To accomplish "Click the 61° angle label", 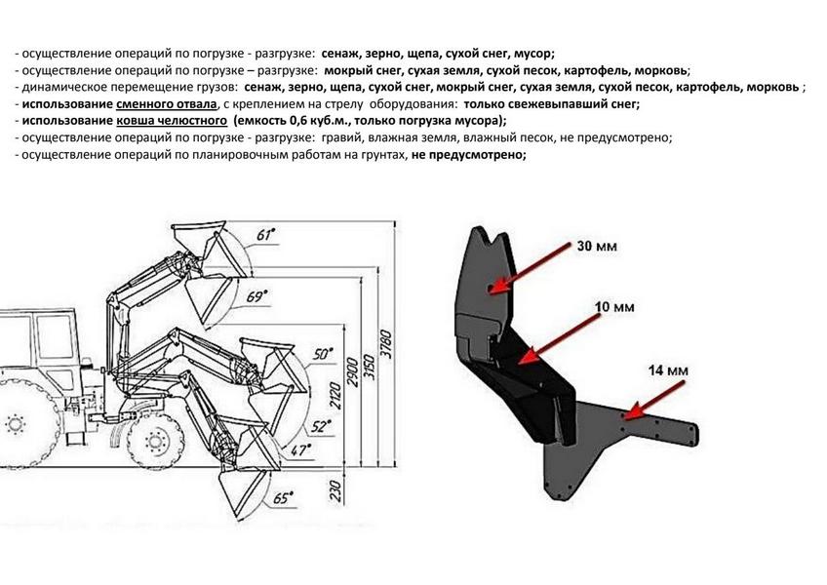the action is pos(267,234).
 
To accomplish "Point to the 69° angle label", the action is pos(257,296).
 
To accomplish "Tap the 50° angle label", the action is pos(323,354).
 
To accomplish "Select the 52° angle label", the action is pos(321,425).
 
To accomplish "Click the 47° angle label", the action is pos(301,449).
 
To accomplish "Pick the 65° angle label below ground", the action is pos(283,497).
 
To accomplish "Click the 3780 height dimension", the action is pos(386,344).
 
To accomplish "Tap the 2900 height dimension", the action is pos(352,372).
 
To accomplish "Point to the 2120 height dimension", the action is pos(335,398).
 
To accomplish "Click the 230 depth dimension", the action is pos(335,490).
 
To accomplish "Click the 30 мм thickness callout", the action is pos(597,246).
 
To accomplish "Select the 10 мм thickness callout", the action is pos(614,306).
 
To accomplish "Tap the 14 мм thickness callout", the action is pos(668,370).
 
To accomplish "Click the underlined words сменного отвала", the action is pos(166,104).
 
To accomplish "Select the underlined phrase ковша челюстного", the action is pos(172,121).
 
